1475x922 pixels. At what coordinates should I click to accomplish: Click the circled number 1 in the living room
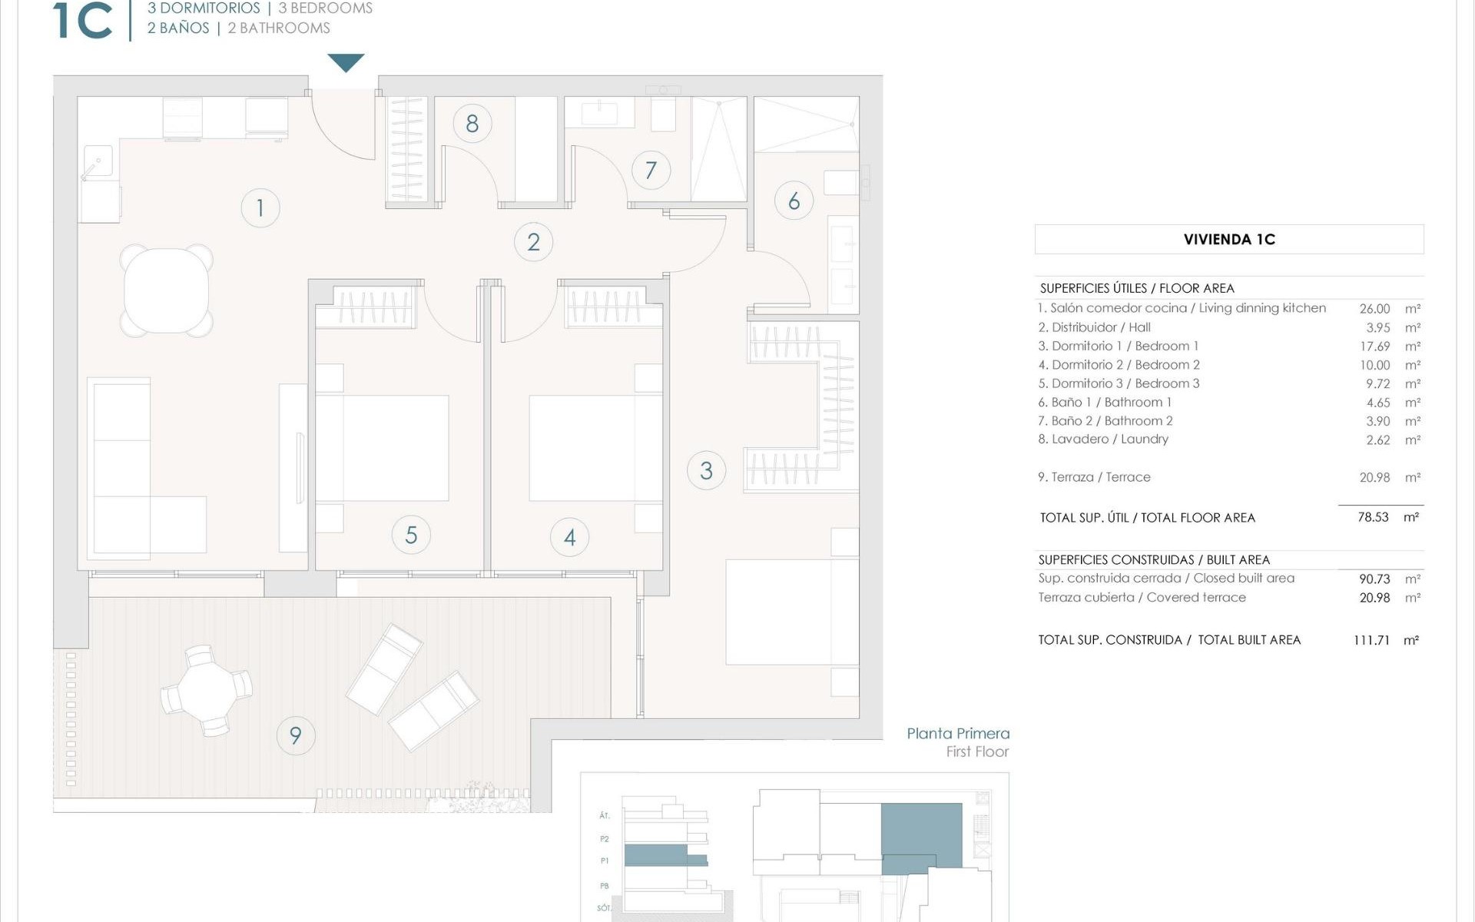[260, 207]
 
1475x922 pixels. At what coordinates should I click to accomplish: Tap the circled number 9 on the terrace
[296, 735]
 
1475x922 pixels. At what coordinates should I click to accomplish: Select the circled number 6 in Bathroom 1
[794, 201]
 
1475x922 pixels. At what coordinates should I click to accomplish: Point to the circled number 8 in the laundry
[472, 123]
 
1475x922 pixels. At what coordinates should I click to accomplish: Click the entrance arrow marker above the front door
[346, 62]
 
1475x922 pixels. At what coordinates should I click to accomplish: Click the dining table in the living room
[167, 290]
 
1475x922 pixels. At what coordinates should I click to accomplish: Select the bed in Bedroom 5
[382, 448]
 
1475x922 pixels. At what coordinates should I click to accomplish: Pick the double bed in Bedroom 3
[791, 612]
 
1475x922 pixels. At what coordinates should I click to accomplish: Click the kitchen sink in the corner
[98, 163]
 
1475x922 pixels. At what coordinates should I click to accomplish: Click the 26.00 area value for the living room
[1374, 308]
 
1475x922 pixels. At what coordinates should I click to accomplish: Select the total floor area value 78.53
[1373, 517]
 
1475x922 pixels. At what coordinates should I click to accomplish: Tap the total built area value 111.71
[1371, 640]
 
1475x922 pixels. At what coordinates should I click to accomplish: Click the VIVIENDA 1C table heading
[1229, 240]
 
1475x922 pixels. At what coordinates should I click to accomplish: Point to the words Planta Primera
[958, 734]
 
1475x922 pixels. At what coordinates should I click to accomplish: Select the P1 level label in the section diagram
[605, 861]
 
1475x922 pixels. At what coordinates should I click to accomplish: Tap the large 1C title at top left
[83, 21]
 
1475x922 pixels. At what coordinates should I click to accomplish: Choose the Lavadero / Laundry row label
[1103, 439]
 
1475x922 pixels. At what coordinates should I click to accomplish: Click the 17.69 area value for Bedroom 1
[1374, 347]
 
